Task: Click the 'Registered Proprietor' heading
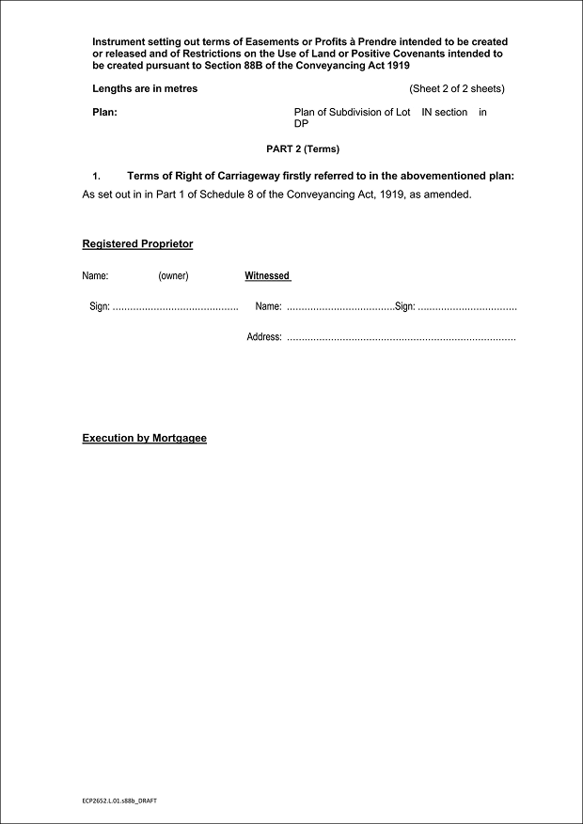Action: [x=137, y=244]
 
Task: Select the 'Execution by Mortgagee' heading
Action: [x=144, y=439]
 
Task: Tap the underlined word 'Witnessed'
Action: [x=267, y=276]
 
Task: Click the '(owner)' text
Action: [x=173, y=276]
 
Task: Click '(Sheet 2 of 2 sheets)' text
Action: [x=457, y=89]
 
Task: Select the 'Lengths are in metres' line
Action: [x=145, y=89]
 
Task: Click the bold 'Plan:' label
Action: [x=104, y=113]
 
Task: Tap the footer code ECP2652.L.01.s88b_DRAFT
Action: [x=118, y=804]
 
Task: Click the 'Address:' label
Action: [x=264, y=337]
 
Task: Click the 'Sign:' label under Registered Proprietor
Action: [x=100, y=307]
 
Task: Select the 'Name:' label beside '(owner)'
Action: [x=95, y=276]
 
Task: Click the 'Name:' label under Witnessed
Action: [x=268, y=307]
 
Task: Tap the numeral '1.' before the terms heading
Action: [x=96, y=177]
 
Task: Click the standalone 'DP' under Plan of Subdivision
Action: [x=301, y=123]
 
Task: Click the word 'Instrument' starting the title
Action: [x=118, y=42]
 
